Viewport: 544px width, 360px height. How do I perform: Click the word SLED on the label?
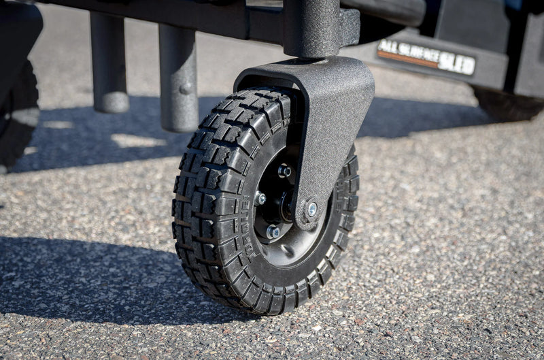pos(456,63)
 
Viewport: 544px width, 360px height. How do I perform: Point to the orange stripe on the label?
pos(408,60)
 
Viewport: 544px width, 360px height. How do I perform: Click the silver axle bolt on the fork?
pos(311,209)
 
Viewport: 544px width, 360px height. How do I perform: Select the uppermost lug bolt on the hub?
pos(284,171)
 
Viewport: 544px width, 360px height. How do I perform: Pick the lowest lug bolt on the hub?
pos(273,232)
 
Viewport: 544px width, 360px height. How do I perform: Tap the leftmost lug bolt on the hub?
pos(260,199)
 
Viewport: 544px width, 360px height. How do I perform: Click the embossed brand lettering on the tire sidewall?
pos(249,228)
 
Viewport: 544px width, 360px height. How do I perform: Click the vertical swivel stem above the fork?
pos(311,27)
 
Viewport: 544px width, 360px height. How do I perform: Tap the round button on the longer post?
pos(185,88)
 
